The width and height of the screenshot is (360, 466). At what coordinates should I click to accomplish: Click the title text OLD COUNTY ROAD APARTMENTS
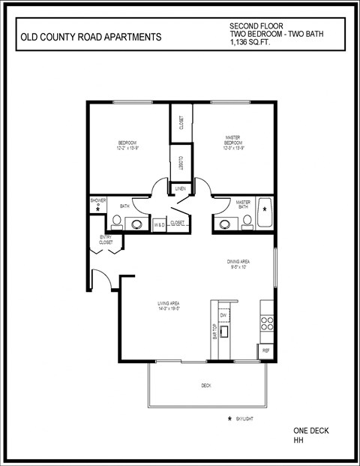(89, 36)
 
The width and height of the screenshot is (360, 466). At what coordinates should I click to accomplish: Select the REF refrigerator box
(266, 350)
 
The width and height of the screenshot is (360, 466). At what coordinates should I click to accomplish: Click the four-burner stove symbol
(266, 323)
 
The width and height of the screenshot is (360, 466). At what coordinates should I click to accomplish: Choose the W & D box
(159, 224)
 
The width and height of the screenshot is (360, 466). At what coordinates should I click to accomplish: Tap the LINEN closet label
(181, 188)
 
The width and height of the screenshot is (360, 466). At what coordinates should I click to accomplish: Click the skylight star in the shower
(97, 211)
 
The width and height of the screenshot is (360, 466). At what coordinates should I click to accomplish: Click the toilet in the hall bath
(118, 221)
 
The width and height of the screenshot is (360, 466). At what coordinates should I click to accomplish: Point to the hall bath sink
(137, 223)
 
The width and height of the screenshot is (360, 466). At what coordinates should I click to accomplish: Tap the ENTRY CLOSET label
(106, 240)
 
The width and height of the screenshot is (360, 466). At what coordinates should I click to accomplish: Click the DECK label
(206, 386)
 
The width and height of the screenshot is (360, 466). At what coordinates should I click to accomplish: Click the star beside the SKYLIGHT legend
(229, 417)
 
